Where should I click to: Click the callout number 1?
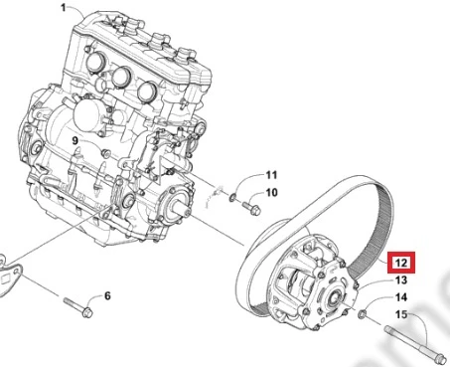coord(64,7)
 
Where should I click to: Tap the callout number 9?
coord(75,141)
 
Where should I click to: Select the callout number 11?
coord(271,175)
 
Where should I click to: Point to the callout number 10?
coord(271,192)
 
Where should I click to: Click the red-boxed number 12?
coord(401,263)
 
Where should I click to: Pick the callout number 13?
coord(401,280)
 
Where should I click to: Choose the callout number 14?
coord(401,297)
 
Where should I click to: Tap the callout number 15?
coord(401,314)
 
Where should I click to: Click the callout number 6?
coord(107,295)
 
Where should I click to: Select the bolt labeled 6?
coord(78,307)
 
